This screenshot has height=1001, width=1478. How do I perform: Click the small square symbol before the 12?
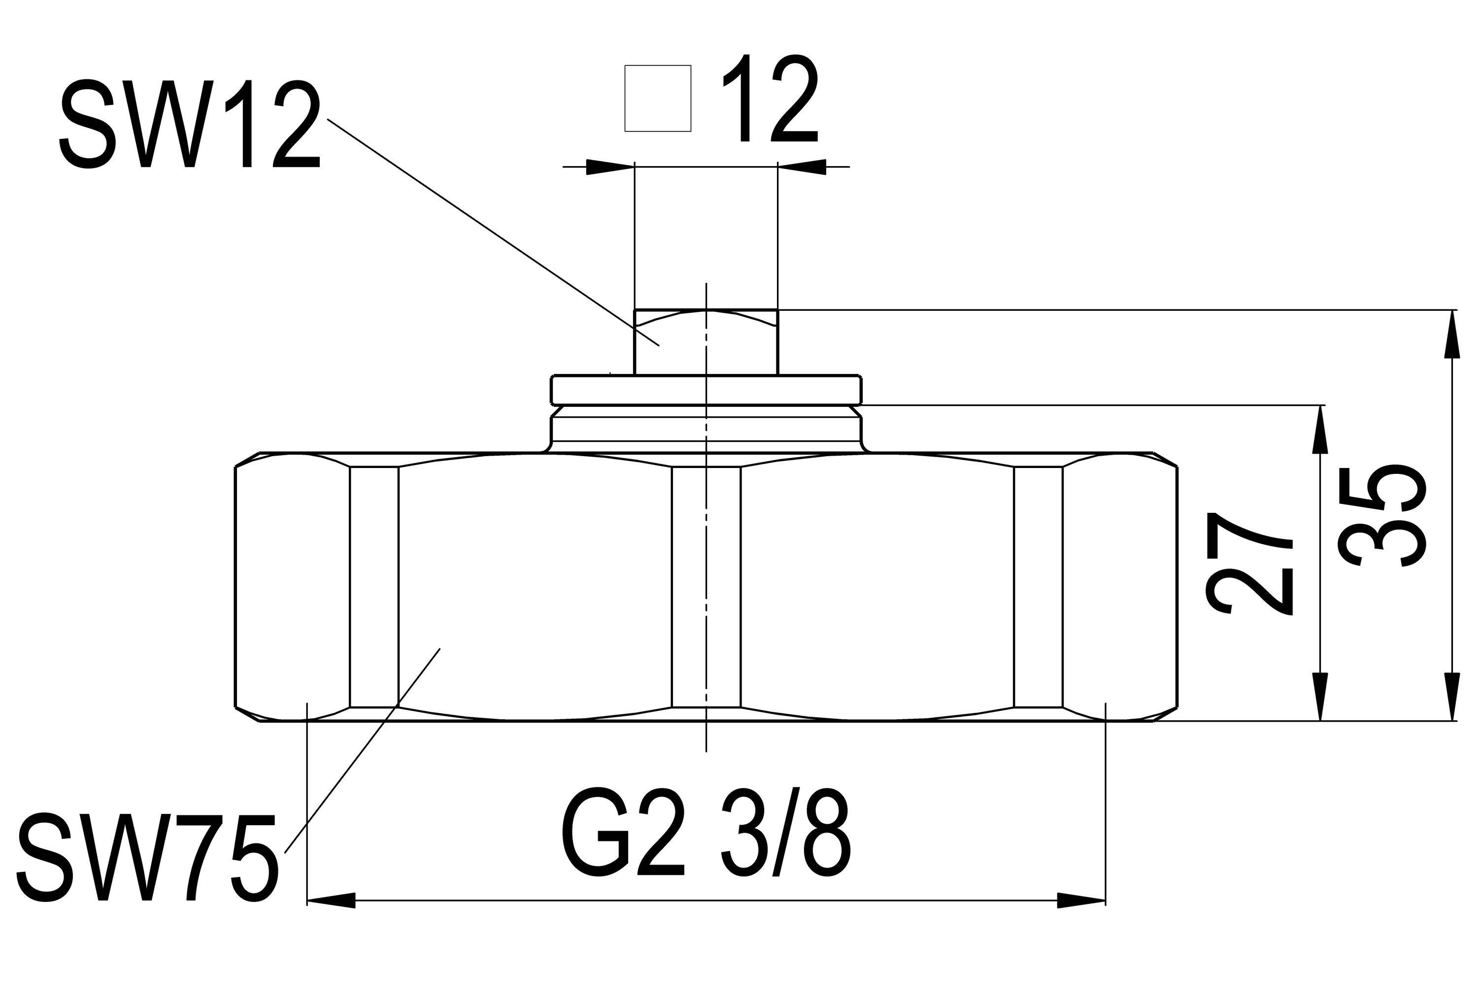click(x=658, y=99)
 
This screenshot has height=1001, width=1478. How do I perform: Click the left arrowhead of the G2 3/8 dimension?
click(x=331, y=900)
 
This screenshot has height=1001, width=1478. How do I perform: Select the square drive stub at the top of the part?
click(x=706, y=341)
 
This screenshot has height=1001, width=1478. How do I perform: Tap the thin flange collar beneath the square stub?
click(x=706, y=389)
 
